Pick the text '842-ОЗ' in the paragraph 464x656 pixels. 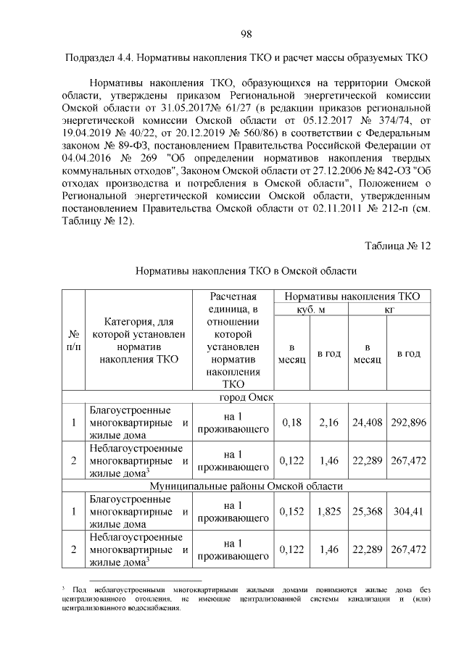pyautogui.click(x=381, y=171)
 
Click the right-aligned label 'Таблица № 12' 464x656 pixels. pyautogui.click(x=397, y=246)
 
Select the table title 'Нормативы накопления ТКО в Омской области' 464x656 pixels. pyautogui.click(x=246, y=271)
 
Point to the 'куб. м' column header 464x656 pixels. pyautogui.click(x=310, y=310)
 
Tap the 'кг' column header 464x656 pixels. pyautogui.click(x=389, y=310)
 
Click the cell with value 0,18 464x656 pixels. pyautogui.click(x=291, y=423)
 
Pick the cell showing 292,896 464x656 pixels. pyautogui.click(x=409, y=423)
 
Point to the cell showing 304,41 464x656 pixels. pyautogui.click(x=409, y=512)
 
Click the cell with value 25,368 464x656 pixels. pyautogui.click(x=368, y=512)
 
